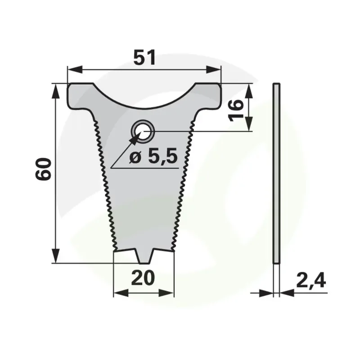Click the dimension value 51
pyautogui.click(x=144, y=57)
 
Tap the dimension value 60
pyautogui.click(x=43, y=169)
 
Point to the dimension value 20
pyautogui.click(x=143, y=278)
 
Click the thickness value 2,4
pyautogui.click(x=311, y=280)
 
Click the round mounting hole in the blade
pyautogui.click(x=143, y=131)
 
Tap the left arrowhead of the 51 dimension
pyautogui.click(x=75, y=69)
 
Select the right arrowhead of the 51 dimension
pyautogui.click(x=213, y=69)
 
